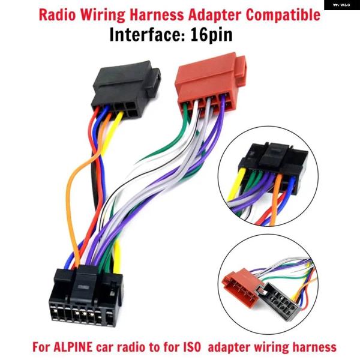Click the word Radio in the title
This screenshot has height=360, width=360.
tap(57, 15)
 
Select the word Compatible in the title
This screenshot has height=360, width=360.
tap(283, 16)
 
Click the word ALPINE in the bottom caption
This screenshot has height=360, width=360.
tap(73, 347)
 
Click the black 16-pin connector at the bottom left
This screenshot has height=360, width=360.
tap(86, 296)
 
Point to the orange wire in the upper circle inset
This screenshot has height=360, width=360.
tap(276, 199)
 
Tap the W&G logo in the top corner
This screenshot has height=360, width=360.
tap(342, 5)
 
